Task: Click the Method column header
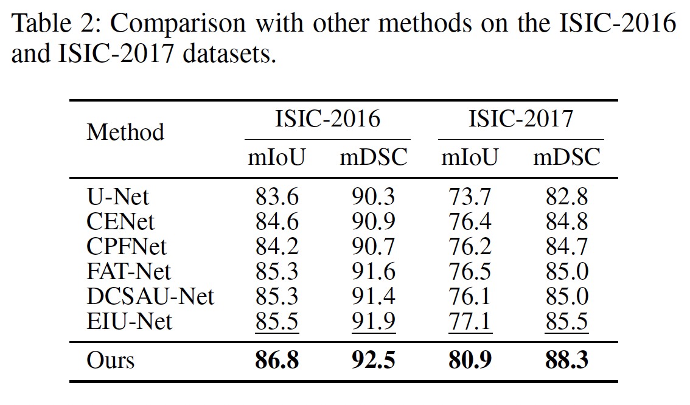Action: coord(125,132)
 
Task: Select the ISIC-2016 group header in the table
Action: coord(327,119)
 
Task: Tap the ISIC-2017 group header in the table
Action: coord(521,119)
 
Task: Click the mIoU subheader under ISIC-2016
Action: coord(276,157)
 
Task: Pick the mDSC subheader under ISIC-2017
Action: coord(567,157)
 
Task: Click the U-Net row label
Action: coord(118,196)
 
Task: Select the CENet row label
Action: coord(120,221)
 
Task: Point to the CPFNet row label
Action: coord(127,246)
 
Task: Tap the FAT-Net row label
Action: coord(128,271)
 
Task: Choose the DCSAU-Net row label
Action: coord(150,296)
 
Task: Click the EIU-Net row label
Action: coord(130,321)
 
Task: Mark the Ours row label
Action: coord(111,360)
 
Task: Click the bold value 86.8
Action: coord(277,360)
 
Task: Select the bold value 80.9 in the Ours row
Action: coord(470,360)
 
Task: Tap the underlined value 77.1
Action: coord(470,321)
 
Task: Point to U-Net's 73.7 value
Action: coord(470,196)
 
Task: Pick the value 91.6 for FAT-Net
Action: coord(373,271)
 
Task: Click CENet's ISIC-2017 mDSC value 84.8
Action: coord(567,221)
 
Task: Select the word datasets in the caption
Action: coord(229,54)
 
